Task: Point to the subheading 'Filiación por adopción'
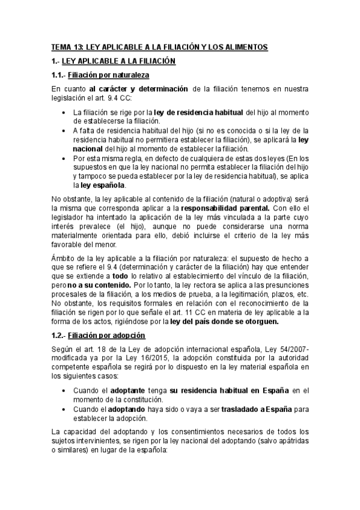[106, 334]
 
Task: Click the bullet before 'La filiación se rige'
[64, 112]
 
